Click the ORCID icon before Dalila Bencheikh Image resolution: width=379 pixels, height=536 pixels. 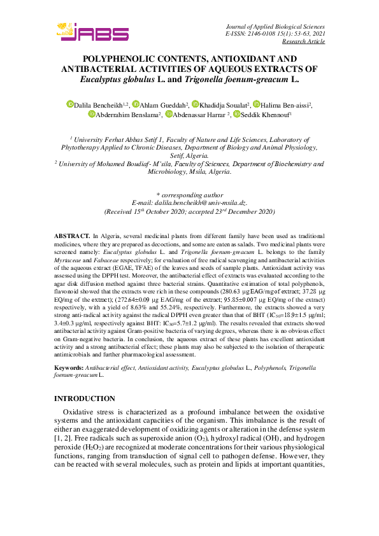click(70, 104)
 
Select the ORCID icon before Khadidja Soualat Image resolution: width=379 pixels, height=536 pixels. click(195, 104)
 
